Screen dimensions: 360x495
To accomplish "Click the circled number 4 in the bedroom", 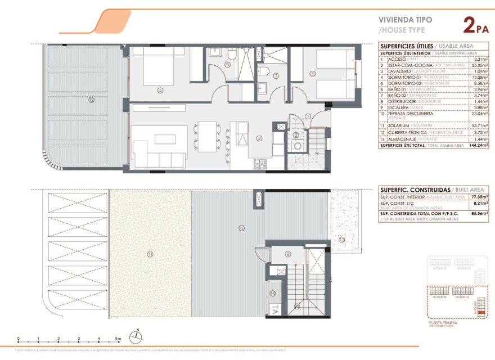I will (160, 89).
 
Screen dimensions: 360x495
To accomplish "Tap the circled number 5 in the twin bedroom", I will (313, 73).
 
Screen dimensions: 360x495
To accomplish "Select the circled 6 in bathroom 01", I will (227, 64).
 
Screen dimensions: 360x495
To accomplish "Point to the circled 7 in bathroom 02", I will (276, 75).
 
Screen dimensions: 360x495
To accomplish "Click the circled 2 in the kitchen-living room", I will (259, 138).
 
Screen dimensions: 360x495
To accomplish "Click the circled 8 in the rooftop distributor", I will (288, 254).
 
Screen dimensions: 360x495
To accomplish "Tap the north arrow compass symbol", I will (136, 336).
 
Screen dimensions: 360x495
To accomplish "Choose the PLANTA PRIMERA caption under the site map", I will (443, 323).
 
